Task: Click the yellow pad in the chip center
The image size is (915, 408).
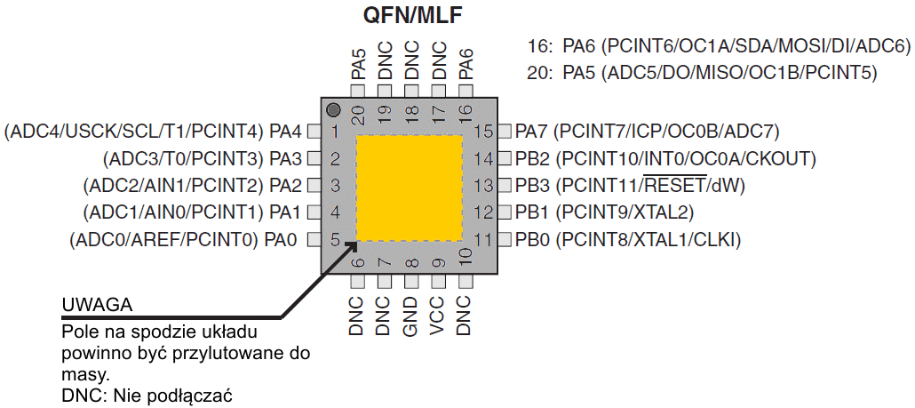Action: pos(410,187)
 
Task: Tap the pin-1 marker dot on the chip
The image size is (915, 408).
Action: pos(333,110)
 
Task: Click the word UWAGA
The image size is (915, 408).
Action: pos(97,305)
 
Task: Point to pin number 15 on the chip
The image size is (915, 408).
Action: pos(483,132)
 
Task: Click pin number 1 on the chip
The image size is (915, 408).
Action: pos(335,132)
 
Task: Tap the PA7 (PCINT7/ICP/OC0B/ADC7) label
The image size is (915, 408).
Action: pos(647,132)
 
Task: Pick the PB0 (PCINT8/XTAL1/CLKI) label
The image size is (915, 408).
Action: pos(627,239)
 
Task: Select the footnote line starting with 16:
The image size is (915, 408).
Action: pos(719,47)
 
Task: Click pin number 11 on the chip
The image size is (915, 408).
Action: pos(483,239)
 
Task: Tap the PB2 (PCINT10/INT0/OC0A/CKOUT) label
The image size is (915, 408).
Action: pos(665,159)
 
